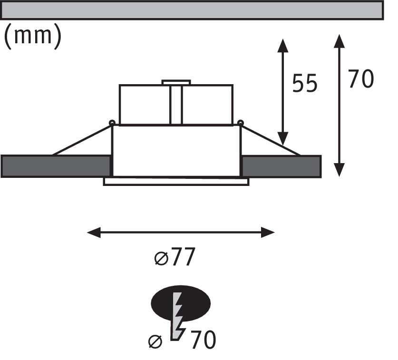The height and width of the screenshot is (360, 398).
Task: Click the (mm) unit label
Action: click(33, 37)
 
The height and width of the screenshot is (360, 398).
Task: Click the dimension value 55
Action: click(304, 84)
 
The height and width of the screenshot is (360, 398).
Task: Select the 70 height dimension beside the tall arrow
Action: click(361, 79)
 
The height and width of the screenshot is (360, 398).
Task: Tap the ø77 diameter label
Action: click(175, 258)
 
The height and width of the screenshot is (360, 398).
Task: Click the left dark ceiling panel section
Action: click(56, 166)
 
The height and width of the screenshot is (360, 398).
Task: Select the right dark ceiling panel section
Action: click(281, 166)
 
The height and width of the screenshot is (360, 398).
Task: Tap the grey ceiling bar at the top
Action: click(192, 10)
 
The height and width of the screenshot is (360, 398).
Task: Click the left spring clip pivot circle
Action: click(112, 123)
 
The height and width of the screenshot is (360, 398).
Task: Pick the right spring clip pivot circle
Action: click(241, 123)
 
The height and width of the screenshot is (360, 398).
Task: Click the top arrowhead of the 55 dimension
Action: click(283, 45)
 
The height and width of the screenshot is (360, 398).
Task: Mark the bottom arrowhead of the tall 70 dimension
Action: click(339, 169)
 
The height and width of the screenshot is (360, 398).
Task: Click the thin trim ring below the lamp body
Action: click(176, 181)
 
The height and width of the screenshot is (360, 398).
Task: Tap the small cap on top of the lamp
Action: click(176, 82)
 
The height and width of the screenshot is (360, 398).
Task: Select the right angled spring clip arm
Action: click(270, 140)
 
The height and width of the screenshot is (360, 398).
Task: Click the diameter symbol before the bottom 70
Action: click(155, 341)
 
